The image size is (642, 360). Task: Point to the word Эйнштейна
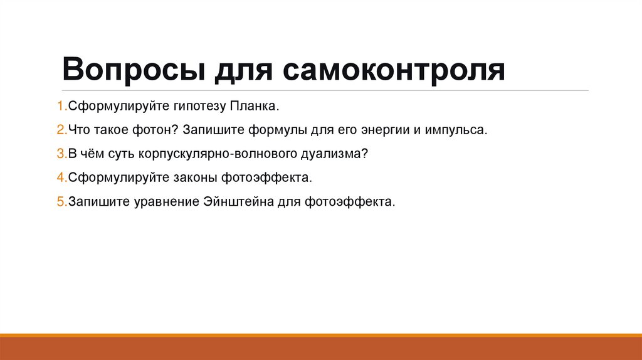241,202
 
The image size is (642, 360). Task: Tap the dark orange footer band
321,349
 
